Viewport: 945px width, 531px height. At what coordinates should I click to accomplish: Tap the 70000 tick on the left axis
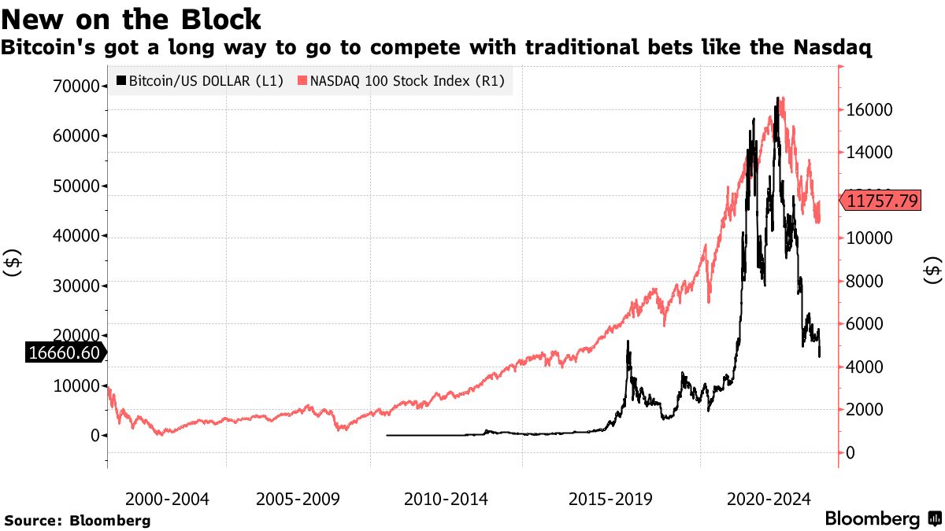coord(77,86)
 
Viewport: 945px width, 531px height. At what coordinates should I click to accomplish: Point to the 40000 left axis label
coord(77,235)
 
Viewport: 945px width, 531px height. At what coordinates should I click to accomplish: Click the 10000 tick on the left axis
coord(77,385)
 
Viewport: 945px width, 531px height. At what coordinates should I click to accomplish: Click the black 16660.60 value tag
coord(64,353)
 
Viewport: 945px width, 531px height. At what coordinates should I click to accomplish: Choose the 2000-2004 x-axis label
coord(166,500)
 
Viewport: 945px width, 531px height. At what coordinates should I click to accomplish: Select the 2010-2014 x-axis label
coord(446,500)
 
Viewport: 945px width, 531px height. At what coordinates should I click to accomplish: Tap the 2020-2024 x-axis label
coord(769,500)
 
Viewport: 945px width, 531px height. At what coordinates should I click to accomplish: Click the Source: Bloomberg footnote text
coord(77,520)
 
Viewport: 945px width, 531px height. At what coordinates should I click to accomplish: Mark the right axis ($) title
coord(932,270)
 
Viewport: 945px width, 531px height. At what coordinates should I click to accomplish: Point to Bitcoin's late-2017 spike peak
coord(628,342)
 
